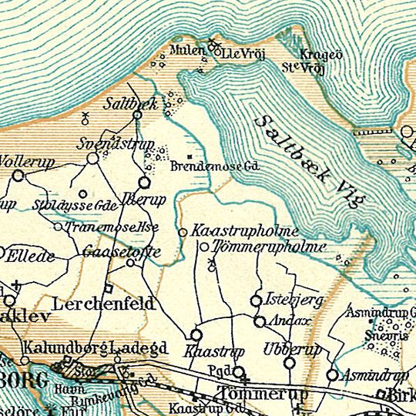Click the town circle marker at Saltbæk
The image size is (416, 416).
[137, 116]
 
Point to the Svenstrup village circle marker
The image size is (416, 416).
[92, 158]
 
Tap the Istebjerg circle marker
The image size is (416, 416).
[257, 300]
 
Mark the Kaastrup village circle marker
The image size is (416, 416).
[196, 335]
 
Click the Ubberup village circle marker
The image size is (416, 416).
[290, 362]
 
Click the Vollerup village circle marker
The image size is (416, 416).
[18, 176]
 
